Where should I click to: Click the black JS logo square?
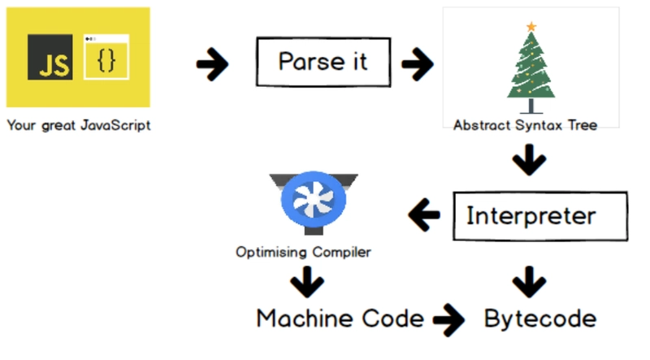point(49,56)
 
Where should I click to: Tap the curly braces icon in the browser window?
point(106,62)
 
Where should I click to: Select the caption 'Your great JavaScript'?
point(79,126)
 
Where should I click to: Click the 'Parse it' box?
point(323,62)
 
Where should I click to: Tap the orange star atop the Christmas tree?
point(531,27)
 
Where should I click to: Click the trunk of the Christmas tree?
point(531,105)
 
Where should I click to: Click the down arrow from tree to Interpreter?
point(530,160)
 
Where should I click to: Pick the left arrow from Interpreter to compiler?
point(423,216)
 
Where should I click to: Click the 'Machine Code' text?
point(340,318)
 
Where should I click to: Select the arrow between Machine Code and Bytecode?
point(449,320)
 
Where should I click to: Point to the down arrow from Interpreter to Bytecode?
point(530,281)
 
